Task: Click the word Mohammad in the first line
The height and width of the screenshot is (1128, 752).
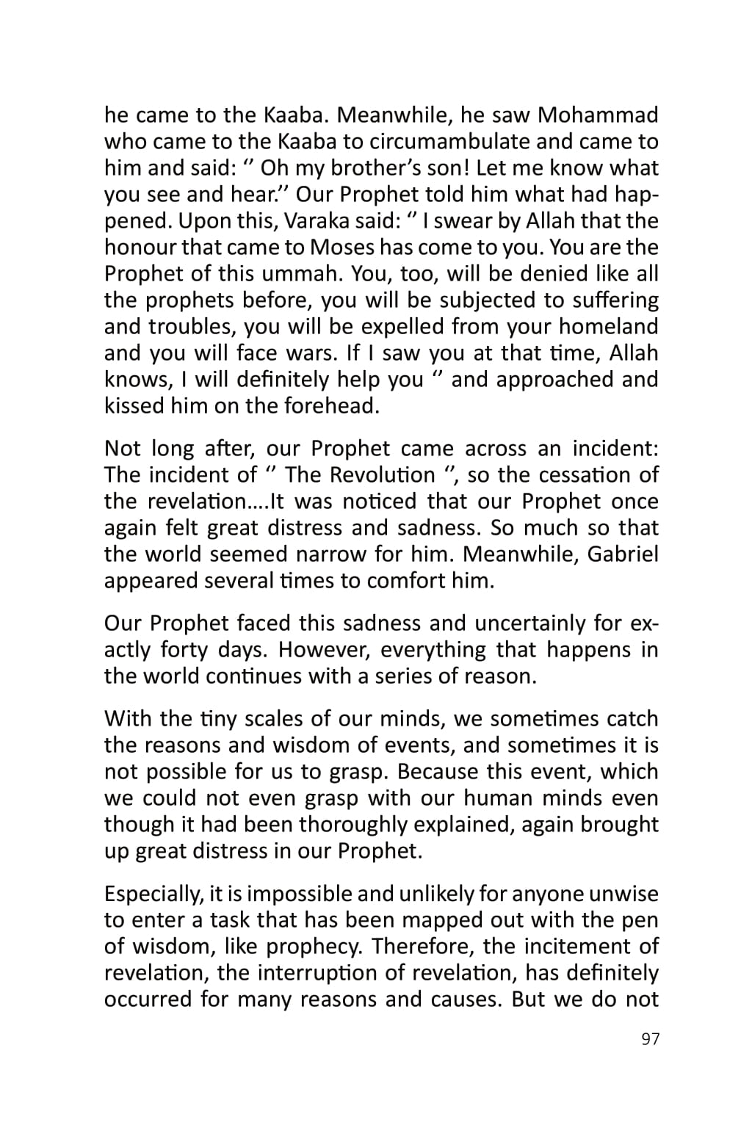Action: pyautogui.click(x=598, y=115)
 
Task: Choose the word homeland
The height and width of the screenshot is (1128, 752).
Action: pyautogui.click(x=609, y=327)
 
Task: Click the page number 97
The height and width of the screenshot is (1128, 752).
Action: pyautogui.click(x=651, y=1039)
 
